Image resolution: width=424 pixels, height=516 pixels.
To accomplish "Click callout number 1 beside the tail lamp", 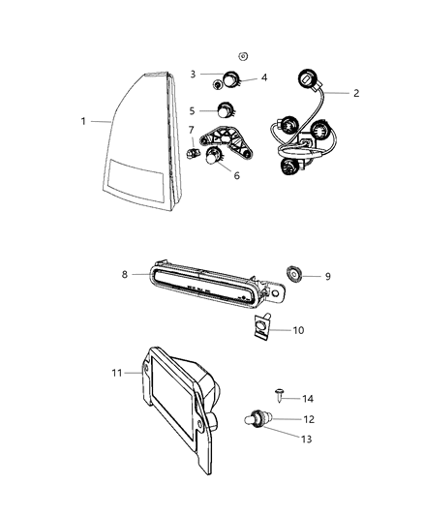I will (x=84, y=121).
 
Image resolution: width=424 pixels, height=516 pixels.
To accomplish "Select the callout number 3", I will (x=193, y=74).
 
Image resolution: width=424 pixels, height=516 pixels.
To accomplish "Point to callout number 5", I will (x=192, y=110).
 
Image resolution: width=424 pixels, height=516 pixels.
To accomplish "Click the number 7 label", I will (x=192, y=130).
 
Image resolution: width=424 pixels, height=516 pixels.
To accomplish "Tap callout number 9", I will (x=327, y=276).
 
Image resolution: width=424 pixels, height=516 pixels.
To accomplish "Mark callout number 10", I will (x=299, y=330).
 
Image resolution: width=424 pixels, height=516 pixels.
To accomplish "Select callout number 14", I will (x=308, y=398).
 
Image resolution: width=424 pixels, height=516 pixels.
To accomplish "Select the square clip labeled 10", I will (x=259, y=329).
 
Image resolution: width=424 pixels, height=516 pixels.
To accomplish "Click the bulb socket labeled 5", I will (x=227, y=111).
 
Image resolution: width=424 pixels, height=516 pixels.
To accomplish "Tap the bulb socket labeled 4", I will (x=232, y=80).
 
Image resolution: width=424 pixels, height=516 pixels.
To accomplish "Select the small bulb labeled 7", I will (x=191, y=152).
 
